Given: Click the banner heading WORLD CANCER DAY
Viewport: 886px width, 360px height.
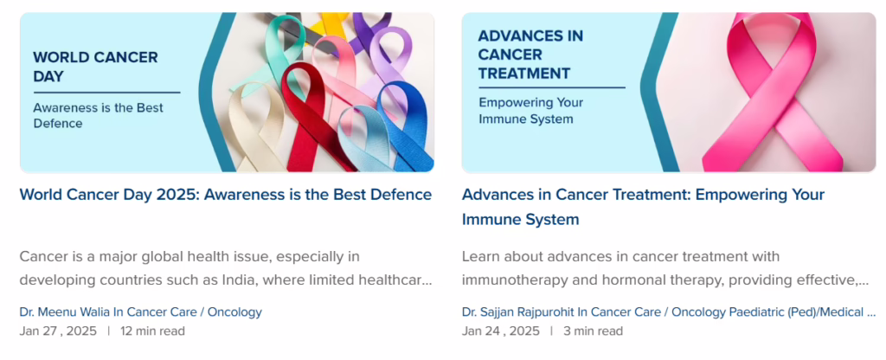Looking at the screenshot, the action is [95, 66].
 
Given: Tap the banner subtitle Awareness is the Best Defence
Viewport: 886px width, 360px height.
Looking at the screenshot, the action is [99, 115].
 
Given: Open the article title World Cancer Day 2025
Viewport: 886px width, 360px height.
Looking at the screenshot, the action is [226, 195].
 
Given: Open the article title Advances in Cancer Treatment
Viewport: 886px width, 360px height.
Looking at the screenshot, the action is [643, 207].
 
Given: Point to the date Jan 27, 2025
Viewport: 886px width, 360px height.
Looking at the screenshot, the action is [58, 331].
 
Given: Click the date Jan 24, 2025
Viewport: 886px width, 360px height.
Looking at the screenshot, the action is [501, 331].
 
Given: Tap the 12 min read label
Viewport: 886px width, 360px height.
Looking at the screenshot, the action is [152, 331].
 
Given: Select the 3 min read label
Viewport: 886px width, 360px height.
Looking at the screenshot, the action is [594, 331].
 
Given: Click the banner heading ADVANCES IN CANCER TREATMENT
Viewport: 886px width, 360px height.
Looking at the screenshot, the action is [531, 55].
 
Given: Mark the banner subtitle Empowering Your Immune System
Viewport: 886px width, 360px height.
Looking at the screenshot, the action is [531, 111].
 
